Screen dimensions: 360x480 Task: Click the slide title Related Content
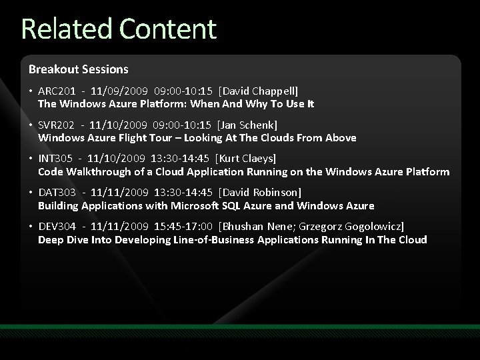point(119,29)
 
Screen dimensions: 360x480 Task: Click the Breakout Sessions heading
point(78,69)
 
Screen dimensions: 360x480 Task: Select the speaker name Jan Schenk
point(251,125)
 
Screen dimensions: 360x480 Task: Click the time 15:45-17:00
point(185,227)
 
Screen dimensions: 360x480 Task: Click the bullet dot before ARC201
point(31,90)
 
